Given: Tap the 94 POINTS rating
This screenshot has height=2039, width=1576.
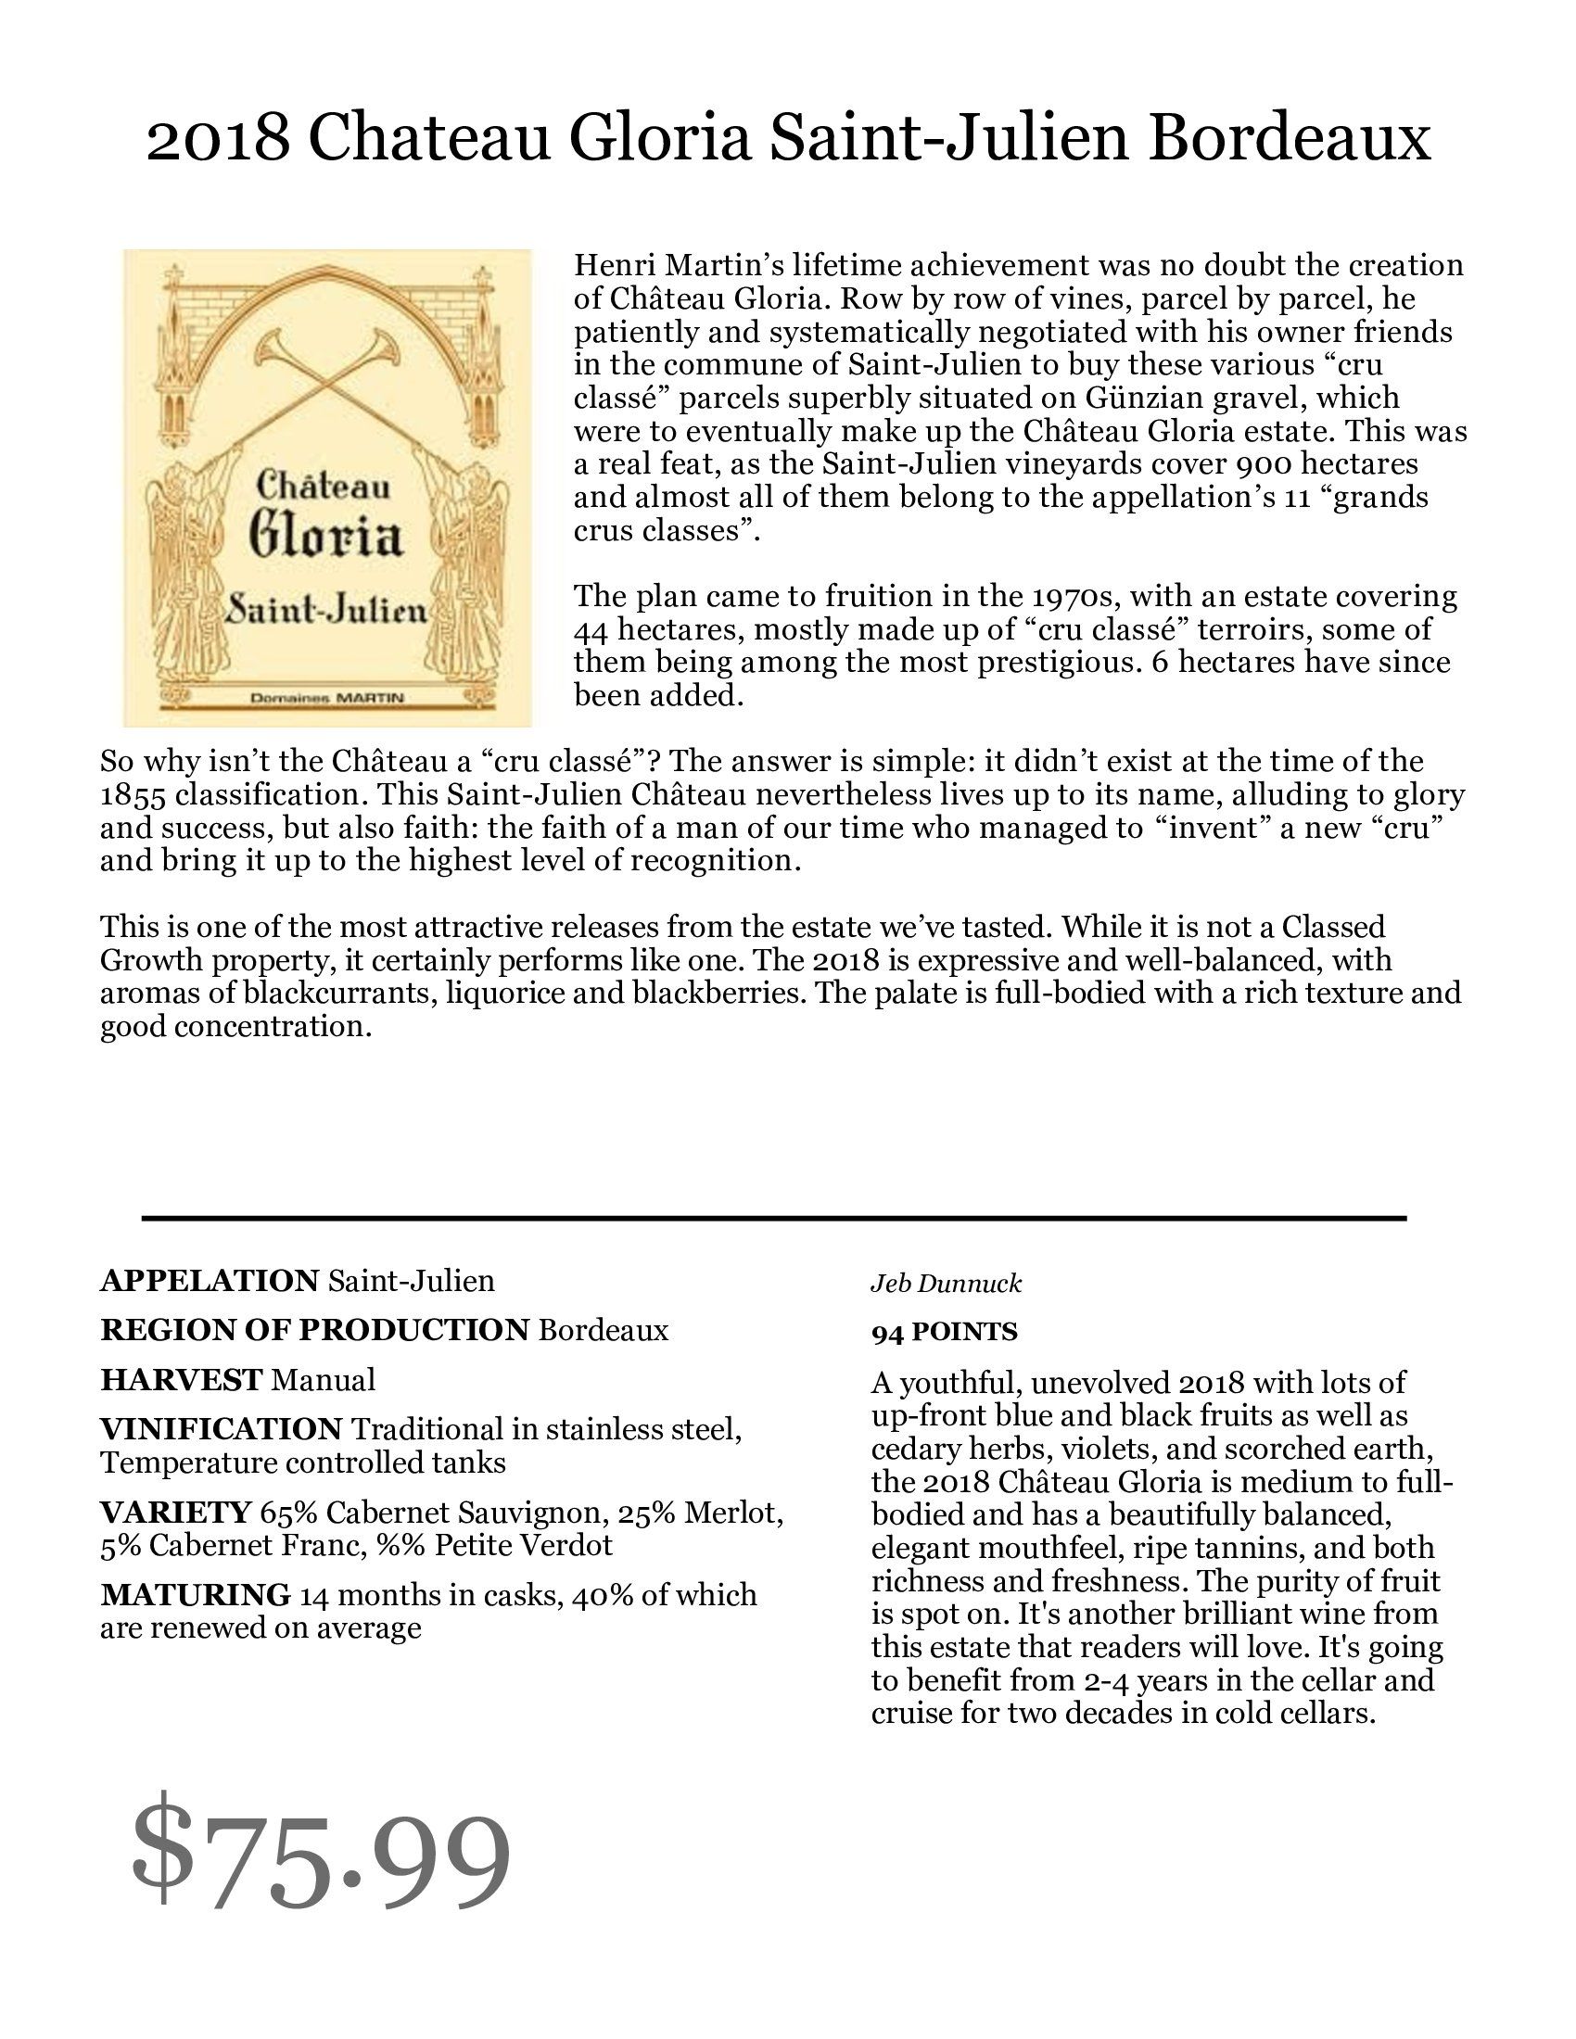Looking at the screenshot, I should tap(944, 1332).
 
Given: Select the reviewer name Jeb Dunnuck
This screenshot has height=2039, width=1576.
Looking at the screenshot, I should tap(946, 1284).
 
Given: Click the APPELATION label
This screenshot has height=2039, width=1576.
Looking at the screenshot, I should tap(210, 1281).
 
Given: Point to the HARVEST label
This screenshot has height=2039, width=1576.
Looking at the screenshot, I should tap(181, 1380).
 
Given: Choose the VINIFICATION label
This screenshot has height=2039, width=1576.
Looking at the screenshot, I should tap(222, 1429).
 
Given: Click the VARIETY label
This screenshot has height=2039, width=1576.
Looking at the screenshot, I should tap(175, 1513).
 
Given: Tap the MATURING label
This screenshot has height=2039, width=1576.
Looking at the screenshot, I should tap(195, 1596).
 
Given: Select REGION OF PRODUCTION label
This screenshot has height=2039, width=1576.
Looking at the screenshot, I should tap(314, 1330).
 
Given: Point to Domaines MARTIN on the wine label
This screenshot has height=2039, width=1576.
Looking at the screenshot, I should tap(325, 697).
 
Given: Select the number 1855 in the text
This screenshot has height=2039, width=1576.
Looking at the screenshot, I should tap(133, 795).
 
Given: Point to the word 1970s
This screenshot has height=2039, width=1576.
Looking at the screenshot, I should tap(1074, 596).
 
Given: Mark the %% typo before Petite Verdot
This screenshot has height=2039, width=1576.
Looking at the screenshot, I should tap(400, 1546).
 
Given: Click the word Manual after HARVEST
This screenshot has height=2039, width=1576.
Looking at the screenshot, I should tap(323, 1380).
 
